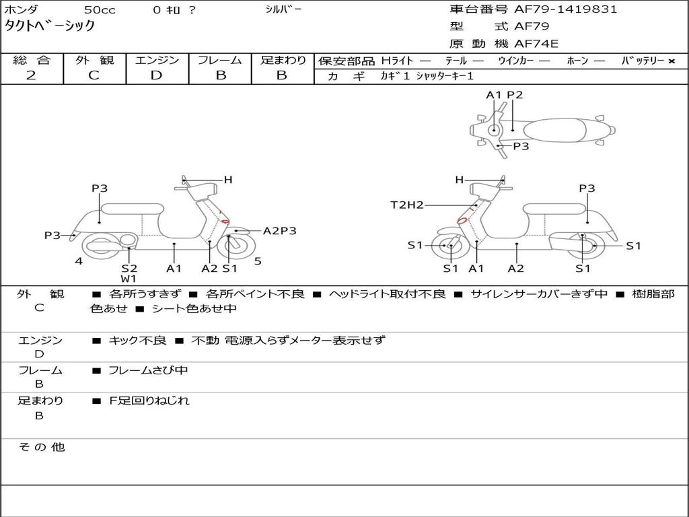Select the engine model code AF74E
(x=536, y=44)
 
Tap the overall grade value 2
(x=31, y=75)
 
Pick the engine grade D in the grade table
(x=157, y=75)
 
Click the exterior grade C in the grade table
(x=94, y=75)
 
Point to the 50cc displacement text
(x=99, y=10)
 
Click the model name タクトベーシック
(x=50, y=26)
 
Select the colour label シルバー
(x=283, y=9)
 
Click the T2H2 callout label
(x=407, y=205)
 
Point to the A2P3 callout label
(x=279, y=231)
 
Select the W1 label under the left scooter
(x=129, y=279)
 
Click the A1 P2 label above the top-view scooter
(x=504, y=95)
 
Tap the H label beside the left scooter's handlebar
(x=228, y=180)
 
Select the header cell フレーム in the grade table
(x=220, y=61)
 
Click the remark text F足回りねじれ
(x=149, y=401)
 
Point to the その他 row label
(x=40, y=447)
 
